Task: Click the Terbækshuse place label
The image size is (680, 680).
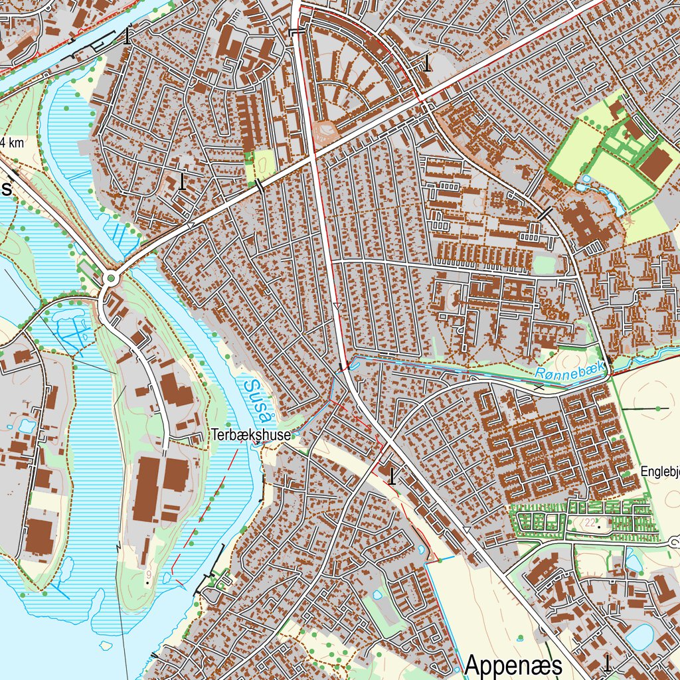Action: point(251,436)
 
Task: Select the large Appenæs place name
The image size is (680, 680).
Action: point(513,665)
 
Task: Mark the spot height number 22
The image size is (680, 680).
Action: point(590,523)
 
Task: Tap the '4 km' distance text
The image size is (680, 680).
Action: point(12,142)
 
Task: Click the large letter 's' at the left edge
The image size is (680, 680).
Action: point(6,189)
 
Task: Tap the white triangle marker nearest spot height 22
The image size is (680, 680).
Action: point(467,529)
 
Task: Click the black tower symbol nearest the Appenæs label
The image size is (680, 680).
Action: point(607,663)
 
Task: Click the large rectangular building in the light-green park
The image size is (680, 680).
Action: point(654,164)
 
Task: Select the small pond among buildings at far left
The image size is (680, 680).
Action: point(27,425)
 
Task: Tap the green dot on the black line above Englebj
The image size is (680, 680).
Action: point(657,408)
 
